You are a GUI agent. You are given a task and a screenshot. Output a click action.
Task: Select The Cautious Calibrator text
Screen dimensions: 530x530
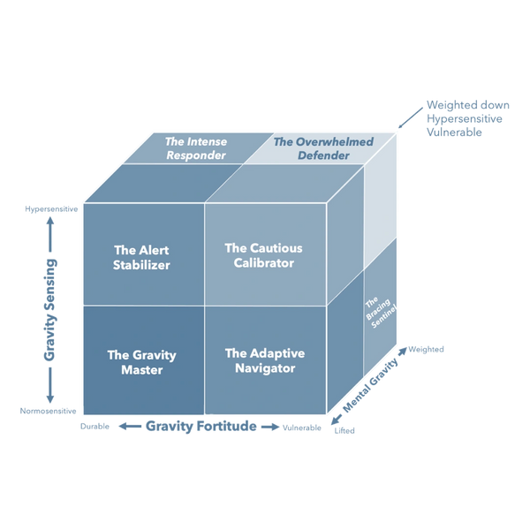point(258,256)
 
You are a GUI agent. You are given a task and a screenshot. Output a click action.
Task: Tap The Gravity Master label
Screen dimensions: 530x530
point(141,362)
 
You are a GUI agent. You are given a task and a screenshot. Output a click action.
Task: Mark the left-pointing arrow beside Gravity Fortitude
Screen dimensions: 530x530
point(125,427)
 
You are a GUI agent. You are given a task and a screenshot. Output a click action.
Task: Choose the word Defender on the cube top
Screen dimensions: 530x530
point(318,155)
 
